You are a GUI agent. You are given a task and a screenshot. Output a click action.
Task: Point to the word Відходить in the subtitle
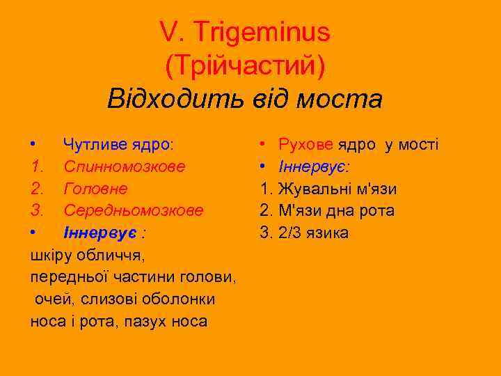167,99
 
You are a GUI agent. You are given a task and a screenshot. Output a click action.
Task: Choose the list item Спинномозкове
125,166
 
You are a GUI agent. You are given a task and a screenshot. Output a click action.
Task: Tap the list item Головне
95,188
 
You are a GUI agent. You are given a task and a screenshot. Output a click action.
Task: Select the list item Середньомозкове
134,210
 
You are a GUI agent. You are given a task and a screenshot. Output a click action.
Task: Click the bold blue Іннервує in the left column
100,232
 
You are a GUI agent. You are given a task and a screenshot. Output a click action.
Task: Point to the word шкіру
49,255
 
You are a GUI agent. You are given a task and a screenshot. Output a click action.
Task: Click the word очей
51,299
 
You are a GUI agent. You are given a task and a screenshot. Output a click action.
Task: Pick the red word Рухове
305,145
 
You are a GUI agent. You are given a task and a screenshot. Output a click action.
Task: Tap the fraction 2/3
290,232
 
